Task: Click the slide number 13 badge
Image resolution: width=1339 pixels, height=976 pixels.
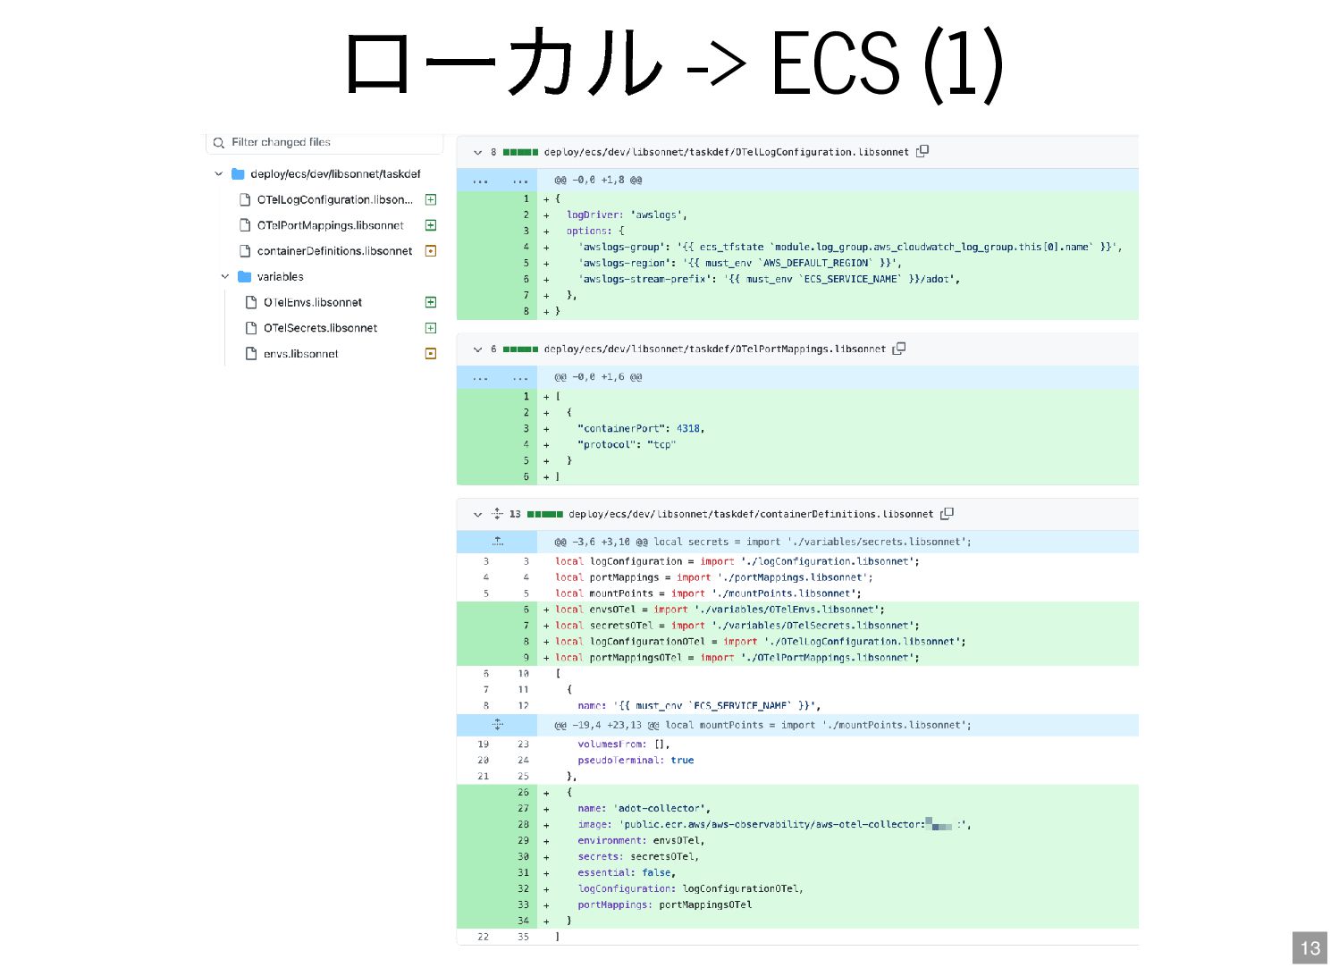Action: [x=1310, y=948]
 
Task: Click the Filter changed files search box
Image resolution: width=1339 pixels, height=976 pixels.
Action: [x=325, y=142]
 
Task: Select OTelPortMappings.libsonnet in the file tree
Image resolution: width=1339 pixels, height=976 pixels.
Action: [x=330, y=225]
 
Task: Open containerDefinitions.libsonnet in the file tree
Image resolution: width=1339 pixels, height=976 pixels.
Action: [x=334, y=251]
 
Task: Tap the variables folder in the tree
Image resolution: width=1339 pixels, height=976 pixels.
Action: [x=280, y=277]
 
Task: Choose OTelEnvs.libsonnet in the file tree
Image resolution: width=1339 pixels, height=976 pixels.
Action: [x=312, y=303]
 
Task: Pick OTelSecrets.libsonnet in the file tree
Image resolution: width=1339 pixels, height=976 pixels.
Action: [x=320, y=328]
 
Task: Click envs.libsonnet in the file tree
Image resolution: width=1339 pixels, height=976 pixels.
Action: [x=300, y=354]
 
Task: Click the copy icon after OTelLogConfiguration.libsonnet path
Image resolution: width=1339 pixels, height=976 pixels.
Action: [x=922, y=151]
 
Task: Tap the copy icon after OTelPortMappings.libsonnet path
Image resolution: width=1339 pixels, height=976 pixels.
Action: [x=899, y=349]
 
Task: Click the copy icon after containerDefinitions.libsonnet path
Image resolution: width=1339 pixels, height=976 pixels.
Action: [x=947, y=514]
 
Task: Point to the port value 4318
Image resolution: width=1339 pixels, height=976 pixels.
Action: [x=688, y=429]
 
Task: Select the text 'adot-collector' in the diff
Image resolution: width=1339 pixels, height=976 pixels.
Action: [x=660, y=809]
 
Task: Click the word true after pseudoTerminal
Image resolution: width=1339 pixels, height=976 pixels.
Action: [x=682, y=761]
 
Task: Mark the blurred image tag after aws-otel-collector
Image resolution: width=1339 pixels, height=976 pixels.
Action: [x=940, y=824]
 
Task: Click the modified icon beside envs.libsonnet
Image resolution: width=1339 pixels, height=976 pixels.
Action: [x=430, y=354]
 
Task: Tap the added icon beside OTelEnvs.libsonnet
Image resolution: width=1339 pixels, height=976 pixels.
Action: [x=430, y=303]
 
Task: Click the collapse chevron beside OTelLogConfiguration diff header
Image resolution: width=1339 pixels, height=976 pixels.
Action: [x=477, y=153]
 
